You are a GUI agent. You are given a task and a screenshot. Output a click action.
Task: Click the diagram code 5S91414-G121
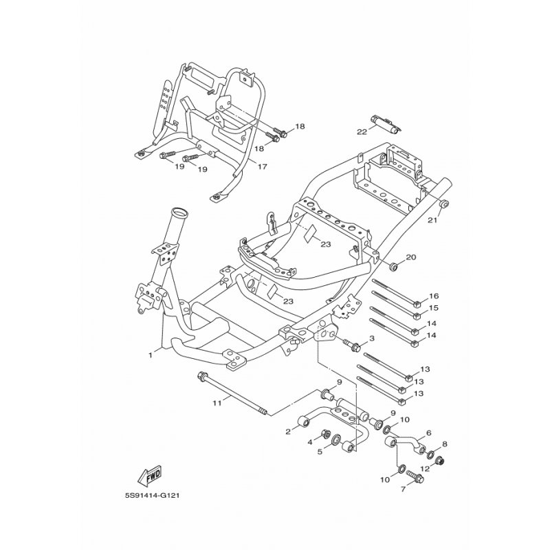click(x=153, y=494)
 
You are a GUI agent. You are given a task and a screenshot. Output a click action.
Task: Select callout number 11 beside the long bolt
click(x=217, y=402)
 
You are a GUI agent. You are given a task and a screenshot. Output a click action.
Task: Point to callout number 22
click(x=361, y=131)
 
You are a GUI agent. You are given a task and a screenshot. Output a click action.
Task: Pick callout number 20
click(x=411, y=257)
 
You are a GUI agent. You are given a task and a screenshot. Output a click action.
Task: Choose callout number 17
click(x=262, y=166)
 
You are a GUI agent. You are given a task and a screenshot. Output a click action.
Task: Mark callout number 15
click(x=434, y=308)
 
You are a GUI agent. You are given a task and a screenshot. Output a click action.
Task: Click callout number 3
click(x=372, y=339)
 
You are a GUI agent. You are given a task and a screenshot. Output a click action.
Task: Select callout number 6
click(x=428, y=433)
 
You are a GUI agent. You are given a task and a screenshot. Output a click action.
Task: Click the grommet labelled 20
click(x=395, y=265)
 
